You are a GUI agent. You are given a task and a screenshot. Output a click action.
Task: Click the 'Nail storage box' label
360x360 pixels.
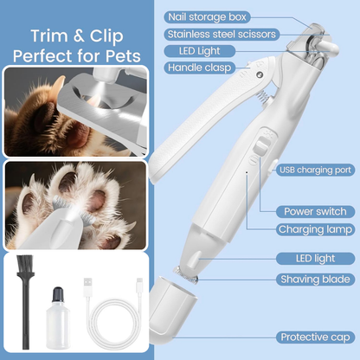click(x=207, y=17)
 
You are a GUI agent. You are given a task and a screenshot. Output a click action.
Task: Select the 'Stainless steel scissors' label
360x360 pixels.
click(x=222, y=35)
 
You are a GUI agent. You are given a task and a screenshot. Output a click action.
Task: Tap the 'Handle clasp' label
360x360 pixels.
click(x=200, y=67)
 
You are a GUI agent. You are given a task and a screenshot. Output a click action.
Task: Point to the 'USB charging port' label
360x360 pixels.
click(x=316, y=170)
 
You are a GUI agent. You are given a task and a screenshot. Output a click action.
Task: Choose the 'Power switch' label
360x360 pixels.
click(x=315, y=211)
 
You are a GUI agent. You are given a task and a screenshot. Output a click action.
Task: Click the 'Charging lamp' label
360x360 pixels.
click(x=315, y=229)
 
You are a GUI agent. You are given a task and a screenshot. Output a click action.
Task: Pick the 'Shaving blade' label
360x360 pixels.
click(x=315, y=280)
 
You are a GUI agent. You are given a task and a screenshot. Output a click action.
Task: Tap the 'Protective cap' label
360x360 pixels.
click(x=315, y=337)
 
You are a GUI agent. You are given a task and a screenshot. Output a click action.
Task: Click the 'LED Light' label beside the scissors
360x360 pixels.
click(x=200, y=51)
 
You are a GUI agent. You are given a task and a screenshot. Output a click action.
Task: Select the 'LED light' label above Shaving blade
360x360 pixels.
click(x=315, y=259)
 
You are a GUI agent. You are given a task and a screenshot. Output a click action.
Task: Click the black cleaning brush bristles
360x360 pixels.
click(x=25, y=267)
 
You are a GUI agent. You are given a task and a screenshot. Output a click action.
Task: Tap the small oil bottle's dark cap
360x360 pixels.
click(x=58, y=293)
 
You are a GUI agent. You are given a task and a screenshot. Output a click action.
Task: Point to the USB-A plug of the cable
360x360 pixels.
click(x=87, y=286)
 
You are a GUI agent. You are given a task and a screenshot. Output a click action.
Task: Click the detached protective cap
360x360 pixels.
click(x=172, y=306)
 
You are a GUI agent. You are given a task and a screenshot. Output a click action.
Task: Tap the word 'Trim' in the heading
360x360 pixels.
click(x=49, y=35)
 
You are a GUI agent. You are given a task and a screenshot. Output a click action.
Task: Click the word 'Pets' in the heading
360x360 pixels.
click(x=123, y=55)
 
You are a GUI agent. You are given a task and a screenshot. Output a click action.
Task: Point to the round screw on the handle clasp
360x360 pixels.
click(x=260, y=74)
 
